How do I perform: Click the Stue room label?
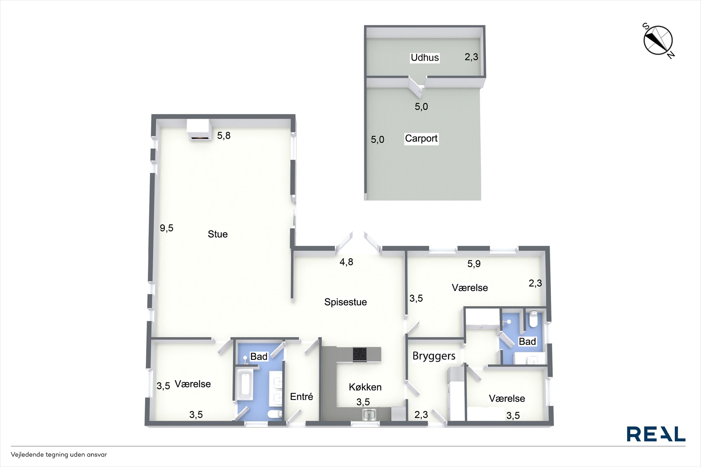click(218, 234)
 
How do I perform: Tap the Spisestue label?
click(345, 302)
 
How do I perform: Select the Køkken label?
click(365, 387)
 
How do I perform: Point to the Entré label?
click(301, 396)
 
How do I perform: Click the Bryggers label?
click(434, 356)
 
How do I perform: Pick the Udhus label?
click(425, 57)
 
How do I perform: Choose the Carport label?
click(421, 139)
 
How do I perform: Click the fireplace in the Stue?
click(199, 130)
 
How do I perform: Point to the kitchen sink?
click(369, 414)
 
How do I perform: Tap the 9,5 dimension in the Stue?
click(167, 228)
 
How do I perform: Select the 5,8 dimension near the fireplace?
click(224, 136)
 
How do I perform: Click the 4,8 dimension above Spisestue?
click(346, 262)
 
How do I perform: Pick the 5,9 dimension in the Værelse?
click(474, 264)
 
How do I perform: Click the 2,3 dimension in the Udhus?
click(471, 57)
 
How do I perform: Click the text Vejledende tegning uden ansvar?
click(59, 455)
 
